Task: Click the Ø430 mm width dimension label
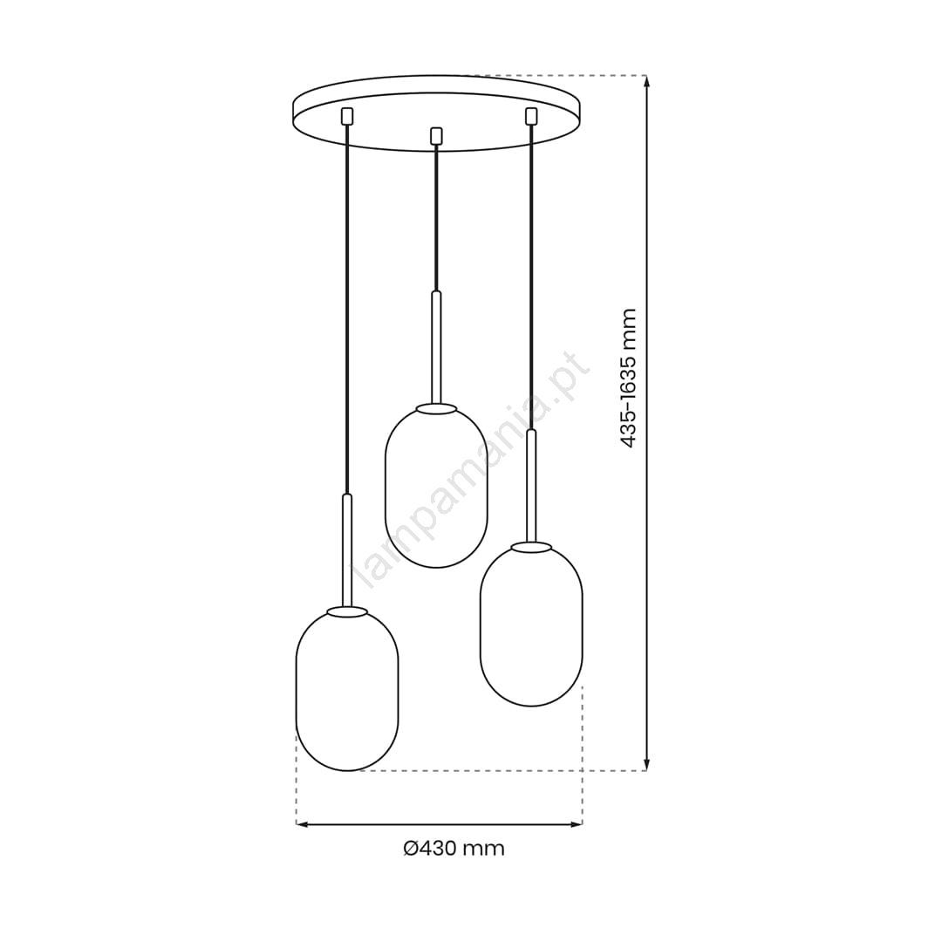pos(454,849)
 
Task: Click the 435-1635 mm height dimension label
pos(628,378)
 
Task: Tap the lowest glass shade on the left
pos(347,691)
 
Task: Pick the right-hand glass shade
pos(531,625)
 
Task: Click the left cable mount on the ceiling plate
pos(346,116)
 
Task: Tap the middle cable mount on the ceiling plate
pos(437,136)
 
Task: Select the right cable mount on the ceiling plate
pos(530,116)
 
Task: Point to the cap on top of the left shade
pos(347,611)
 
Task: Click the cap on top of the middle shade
pos(437,408)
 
